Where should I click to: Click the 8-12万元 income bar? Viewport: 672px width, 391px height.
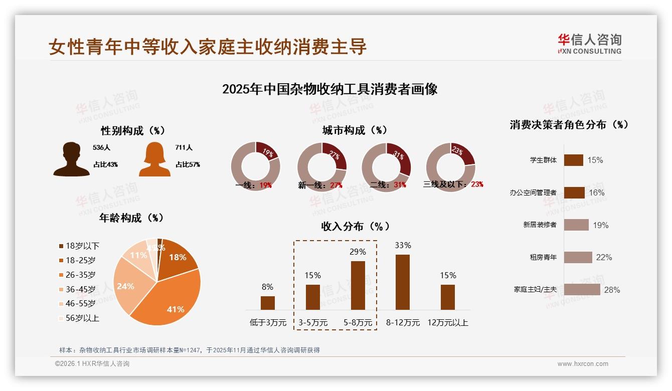click(402, 282)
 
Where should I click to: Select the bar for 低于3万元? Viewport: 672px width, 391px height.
click(267, 303)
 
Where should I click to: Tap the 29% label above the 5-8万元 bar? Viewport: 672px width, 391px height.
click(358, 252)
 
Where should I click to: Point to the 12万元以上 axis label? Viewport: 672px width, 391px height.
click(447, 323)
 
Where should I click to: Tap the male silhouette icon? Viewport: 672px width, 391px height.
click(71, 159)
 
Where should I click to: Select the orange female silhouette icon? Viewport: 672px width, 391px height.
click(154, 159)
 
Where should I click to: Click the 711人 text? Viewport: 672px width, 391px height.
click(184, 148)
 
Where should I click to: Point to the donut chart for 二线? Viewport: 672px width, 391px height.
click(386, 166)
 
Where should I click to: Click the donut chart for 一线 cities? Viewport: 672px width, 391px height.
click(255, 166)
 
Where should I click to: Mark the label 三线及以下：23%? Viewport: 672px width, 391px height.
click(453, 184)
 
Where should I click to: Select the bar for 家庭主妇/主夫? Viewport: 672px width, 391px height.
click(582, 290)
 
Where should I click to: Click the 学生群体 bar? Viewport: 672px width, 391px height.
click(573, 160)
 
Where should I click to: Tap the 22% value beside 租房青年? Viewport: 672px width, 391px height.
click(604, 257)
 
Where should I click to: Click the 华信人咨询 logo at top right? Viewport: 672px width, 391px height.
click(589, 44)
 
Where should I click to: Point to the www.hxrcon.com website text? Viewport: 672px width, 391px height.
click(583, 364)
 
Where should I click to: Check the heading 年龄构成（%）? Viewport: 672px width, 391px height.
click(131, 218)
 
